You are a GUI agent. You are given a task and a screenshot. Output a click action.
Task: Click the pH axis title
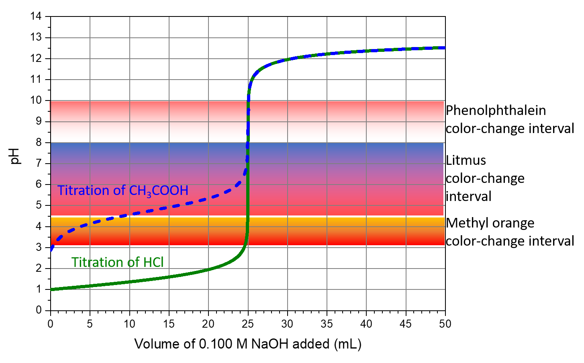pyautogui.click(x=15, y=156)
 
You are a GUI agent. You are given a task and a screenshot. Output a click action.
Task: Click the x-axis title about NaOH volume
pyautogui.click(x=248, y=344)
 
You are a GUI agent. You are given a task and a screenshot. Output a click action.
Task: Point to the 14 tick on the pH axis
pyautogui.click(x=36, y=16)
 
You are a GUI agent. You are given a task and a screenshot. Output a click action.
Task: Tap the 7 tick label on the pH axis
pyautogui.click(x=39, y=163)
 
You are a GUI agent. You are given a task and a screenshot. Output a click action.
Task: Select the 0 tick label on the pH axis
pyautogui.click(x=39, y=310)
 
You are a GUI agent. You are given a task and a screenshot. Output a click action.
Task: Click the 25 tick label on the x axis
pyautogui.click(x=248, y=324)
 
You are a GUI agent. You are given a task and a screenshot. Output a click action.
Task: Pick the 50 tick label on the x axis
pyautogui.click(x=445, y=324)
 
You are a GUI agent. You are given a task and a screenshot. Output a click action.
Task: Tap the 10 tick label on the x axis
pyautogui.click(x=129, y=324)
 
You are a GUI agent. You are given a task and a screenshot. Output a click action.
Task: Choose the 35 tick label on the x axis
pyautogui.click(x=327, y=324)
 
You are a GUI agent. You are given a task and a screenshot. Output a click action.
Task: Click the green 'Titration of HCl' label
pyautogui.click(x=117, y=262)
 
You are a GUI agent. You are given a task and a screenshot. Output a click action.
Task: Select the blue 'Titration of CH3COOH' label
pyautogui.click(x=123, y=190)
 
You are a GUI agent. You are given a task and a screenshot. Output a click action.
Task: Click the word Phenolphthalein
pyautogui.click(x=496, y=110)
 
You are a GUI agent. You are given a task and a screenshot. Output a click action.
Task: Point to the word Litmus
pyautogui.click(x=466, y=160)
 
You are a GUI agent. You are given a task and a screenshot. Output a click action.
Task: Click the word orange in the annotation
pyautogui.click(x=515, y=224)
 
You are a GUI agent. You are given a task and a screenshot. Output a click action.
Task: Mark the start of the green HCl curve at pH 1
pyautogui.click(x=51, y=289)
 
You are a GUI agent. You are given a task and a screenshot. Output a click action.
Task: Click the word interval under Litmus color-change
pyautogui.click(x=469, y=196)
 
